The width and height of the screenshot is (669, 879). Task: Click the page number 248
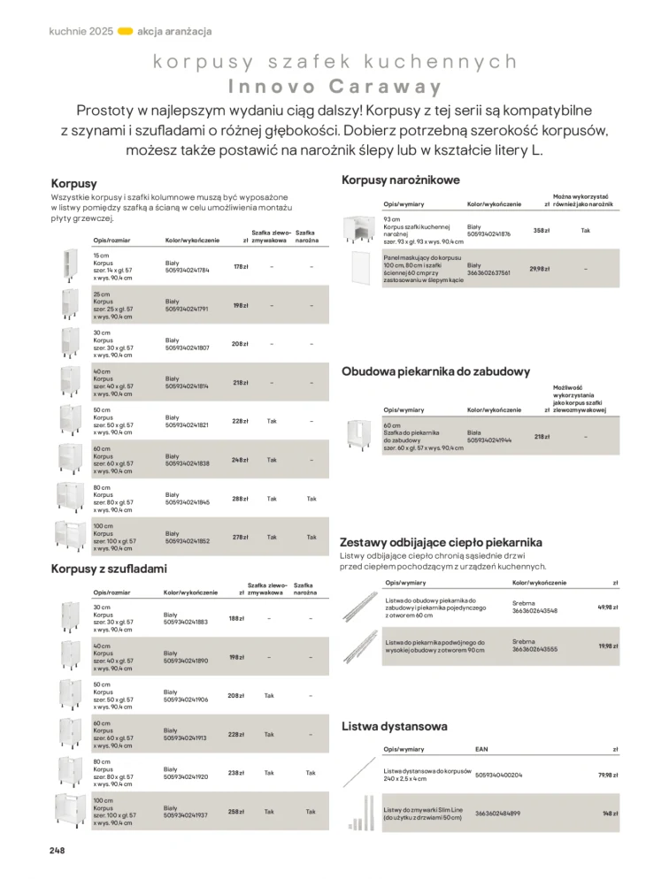pos(57,850)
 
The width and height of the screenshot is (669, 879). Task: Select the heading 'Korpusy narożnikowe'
pos(400,180)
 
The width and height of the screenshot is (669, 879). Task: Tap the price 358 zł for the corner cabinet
pos(541,230)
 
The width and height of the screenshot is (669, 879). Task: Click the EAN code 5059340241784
pos(188,271)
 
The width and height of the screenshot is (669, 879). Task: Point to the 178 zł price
pos(239,267)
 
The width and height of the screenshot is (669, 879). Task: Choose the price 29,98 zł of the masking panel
pos(539,269)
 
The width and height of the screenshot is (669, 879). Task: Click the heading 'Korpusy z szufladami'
pos(109,569)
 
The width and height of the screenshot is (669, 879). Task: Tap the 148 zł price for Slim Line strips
pos(609,814)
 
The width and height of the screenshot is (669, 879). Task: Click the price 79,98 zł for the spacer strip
pos(607,775)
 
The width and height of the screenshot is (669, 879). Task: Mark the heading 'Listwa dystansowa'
pos(394,727)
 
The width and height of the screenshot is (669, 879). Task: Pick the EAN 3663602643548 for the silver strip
pos(535,611)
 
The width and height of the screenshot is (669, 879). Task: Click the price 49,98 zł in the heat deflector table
pos(607,608)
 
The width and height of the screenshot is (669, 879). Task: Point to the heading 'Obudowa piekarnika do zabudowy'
pos(435,371)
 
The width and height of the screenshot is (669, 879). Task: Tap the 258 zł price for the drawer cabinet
pos(235,812)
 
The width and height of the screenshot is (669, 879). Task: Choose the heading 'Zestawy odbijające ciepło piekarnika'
pos(441,542)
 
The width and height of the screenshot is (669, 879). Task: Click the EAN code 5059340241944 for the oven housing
pos(489,439)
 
